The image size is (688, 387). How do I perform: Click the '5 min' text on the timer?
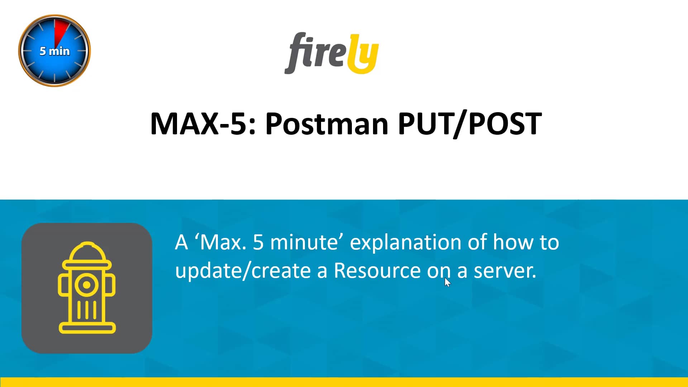(x=54, y=51)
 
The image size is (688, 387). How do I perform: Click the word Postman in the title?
(x=326, y=124)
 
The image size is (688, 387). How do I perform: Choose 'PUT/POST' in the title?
(x=470, y=124)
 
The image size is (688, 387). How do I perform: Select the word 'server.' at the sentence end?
(x=505, y=271)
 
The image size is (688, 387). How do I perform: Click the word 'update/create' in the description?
(x=243, y=271)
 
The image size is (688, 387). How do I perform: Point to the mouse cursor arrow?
(x=447, y=282)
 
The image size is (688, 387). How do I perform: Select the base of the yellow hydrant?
(x=87, y=328)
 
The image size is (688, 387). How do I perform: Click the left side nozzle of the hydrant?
(x=63, y=285)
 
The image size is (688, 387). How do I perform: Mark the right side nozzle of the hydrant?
(x=111, y=285)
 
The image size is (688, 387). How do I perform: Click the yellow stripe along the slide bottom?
(x=344, y=382)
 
